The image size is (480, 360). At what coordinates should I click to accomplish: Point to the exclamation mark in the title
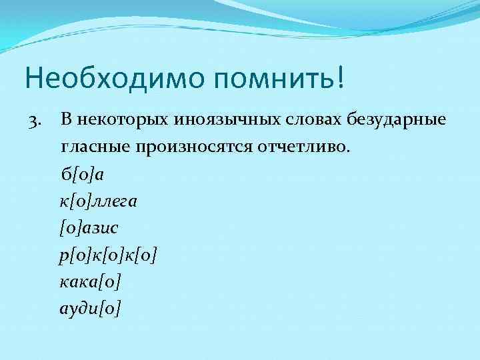click(342, 77)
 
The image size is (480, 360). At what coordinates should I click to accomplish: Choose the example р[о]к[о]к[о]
click(109, 255)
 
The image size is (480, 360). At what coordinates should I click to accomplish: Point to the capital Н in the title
click(34, 78)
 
